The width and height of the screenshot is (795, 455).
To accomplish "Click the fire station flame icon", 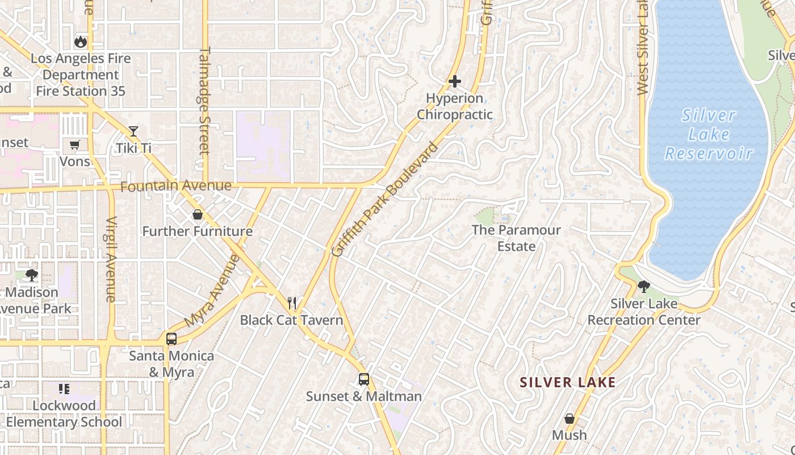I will [81, 42].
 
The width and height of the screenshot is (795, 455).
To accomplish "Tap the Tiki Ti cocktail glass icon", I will [133, 131].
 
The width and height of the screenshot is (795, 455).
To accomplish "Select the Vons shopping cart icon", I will [75, 144].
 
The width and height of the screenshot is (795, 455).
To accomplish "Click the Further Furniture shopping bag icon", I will [197, 214].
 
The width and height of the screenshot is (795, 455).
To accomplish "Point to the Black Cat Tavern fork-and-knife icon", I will [292, 303].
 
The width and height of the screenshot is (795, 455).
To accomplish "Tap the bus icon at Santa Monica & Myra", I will [171, 338].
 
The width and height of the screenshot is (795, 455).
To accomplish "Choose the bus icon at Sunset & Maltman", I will [364, 379].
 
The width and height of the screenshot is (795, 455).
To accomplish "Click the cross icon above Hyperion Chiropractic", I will [455, 81].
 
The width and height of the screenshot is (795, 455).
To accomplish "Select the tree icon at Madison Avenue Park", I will [32, 275].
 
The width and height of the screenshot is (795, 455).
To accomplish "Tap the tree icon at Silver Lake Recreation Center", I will [643, 286].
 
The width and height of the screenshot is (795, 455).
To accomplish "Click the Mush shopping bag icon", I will [570, 419].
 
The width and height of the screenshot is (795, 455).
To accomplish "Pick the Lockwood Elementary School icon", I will [64, 389].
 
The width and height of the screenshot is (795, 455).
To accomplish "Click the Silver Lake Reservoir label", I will [709, 134].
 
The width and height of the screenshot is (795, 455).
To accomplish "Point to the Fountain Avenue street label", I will [176, 186].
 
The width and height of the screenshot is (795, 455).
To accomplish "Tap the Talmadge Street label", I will [204, 100].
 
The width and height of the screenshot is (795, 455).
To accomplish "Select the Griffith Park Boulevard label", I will [385, 200].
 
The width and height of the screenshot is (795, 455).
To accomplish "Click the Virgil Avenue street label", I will [111, 259].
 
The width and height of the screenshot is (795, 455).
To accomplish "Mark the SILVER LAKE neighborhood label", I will [568, 382].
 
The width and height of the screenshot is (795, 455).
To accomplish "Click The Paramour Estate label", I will [516, 238].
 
